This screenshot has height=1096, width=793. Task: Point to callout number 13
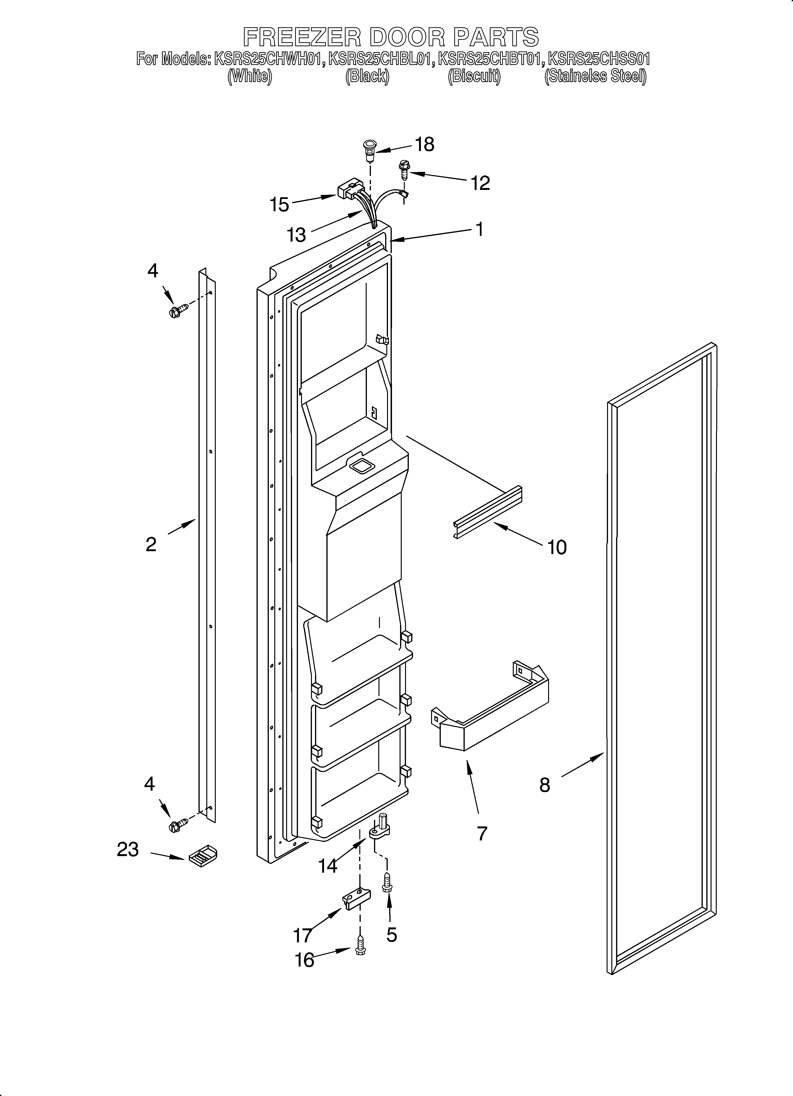(296, 235)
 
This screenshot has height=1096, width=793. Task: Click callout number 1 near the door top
(479, 229)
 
